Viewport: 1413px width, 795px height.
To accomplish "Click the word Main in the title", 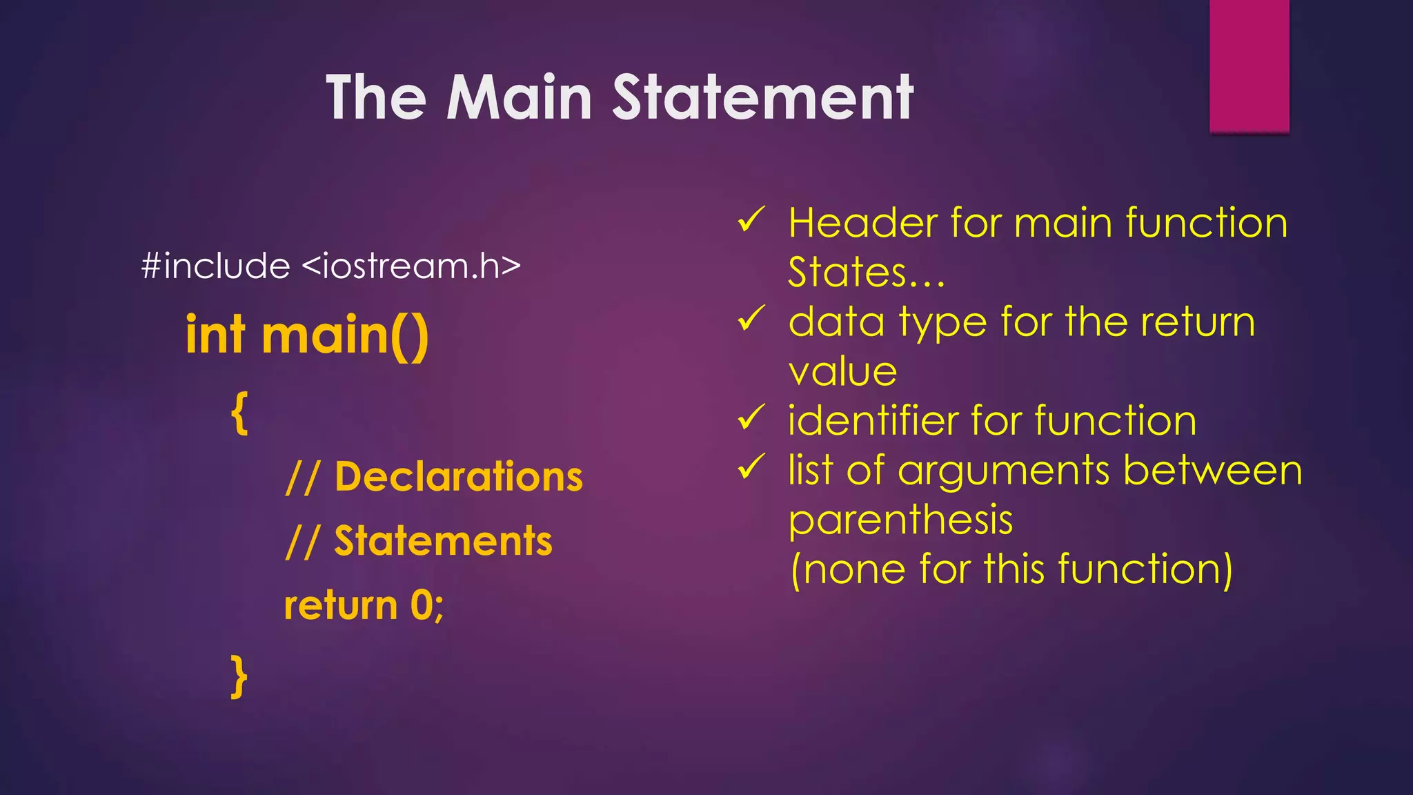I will click(519, 98).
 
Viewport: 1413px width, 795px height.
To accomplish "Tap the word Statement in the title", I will click(762, 98).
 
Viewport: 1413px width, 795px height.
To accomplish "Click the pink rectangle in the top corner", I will click(1249, 65).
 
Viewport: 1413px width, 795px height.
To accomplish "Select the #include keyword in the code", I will click(215, 266).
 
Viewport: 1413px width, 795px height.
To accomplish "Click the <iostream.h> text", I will click(411, 266).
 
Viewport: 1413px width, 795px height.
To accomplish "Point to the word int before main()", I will click(215, 335).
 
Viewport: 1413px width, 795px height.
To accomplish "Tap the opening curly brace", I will click(239, 413).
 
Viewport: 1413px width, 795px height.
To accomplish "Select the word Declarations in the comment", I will click(459, 477).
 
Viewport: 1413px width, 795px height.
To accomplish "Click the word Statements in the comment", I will click(443, 541).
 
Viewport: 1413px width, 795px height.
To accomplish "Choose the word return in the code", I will click(341, 605).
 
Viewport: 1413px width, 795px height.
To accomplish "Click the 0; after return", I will click(427, 606).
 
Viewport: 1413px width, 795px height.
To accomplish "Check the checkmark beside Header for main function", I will click(751, 220).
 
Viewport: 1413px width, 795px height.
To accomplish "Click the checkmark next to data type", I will click(751, 319).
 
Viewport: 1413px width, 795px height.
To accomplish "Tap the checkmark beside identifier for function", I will click(751, 418).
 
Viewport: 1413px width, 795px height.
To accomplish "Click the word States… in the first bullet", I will click(866, 273).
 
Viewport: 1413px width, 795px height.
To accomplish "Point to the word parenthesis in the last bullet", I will click(900, 520).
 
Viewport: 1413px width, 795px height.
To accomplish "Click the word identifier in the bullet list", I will click(873, 420).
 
